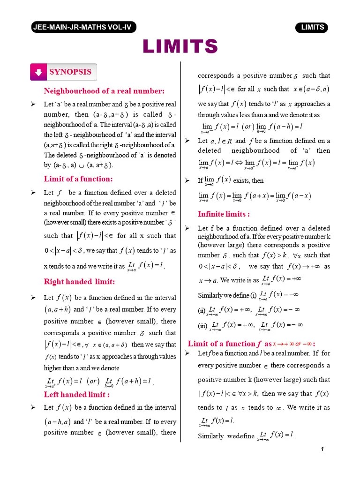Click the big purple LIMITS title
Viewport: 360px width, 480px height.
[180, 46]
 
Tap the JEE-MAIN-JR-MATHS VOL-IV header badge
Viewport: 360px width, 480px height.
[82, 27]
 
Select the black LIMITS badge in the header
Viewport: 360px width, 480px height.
[312, 27]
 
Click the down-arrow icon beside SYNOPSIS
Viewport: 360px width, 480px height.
[39, 72]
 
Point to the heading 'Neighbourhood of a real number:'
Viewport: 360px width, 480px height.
[104, 90]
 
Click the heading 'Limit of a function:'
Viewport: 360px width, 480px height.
[78, 179]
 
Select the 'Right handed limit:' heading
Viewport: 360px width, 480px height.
[79, 282]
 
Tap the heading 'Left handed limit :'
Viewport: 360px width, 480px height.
[77, 394]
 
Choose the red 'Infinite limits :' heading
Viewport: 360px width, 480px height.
[224, 214]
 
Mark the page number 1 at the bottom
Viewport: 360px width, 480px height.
[322, 450]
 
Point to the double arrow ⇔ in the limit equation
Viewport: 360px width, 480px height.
[239, 163]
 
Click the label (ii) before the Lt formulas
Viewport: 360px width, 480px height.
[202, 310]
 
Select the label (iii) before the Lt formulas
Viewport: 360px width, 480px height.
[202, 325]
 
